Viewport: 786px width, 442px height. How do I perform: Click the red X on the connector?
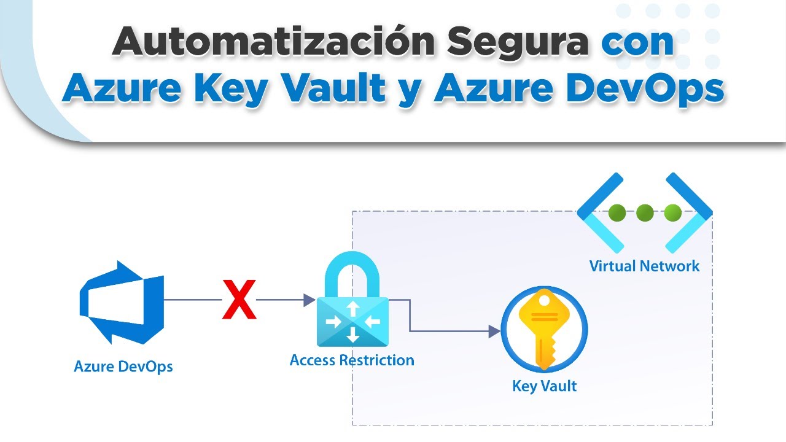pyautogui.click(x=239, y=299)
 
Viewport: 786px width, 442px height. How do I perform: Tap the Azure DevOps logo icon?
pyautogui.click(x=122, y=303)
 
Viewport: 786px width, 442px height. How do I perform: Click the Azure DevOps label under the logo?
pyautogui.click(x=123, y=366)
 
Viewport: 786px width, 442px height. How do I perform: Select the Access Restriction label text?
pyautogui.click(x=352, y=360)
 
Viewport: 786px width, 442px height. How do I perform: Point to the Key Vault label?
pyautogui.click(x=544, y=386)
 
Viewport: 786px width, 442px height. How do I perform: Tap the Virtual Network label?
pyautogui.click(x=644, y=266)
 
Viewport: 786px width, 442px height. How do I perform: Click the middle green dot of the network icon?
pyautogui.click(x=645, y=212)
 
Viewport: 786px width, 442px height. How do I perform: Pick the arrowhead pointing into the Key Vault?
pyautogui.click(x=494, y=331)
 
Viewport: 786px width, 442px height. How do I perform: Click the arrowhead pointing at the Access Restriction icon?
pyautogui.click(x=309, y=300)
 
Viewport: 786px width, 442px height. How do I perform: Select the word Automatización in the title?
pyautogui.click(x=274, y=41)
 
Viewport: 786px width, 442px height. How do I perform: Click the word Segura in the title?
pyautogui.click(x=518, y=44)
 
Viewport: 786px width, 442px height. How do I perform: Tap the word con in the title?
pyautogui.click(x=637, y=44)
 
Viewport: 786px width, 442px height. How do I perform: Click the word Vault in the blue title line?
pyautogui.click(x=334, y=87)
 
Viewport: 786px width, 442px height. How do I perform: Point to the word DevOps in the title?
pyautogui.click(x=645, y=90)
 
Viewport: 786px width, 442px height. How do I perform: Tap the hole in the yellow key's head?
pyautogui.click(x=544, y=301)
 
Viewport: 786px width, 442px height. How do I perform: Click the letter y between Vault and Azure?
pyautogui.click(x=410, y=93)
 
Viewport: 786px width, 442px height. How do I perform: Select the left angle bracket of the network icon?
pyautogui.click(x=601, y=212)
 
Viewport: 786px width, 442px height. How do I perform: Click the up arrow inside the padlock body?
pyautogui.click(x=352, y=309)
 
